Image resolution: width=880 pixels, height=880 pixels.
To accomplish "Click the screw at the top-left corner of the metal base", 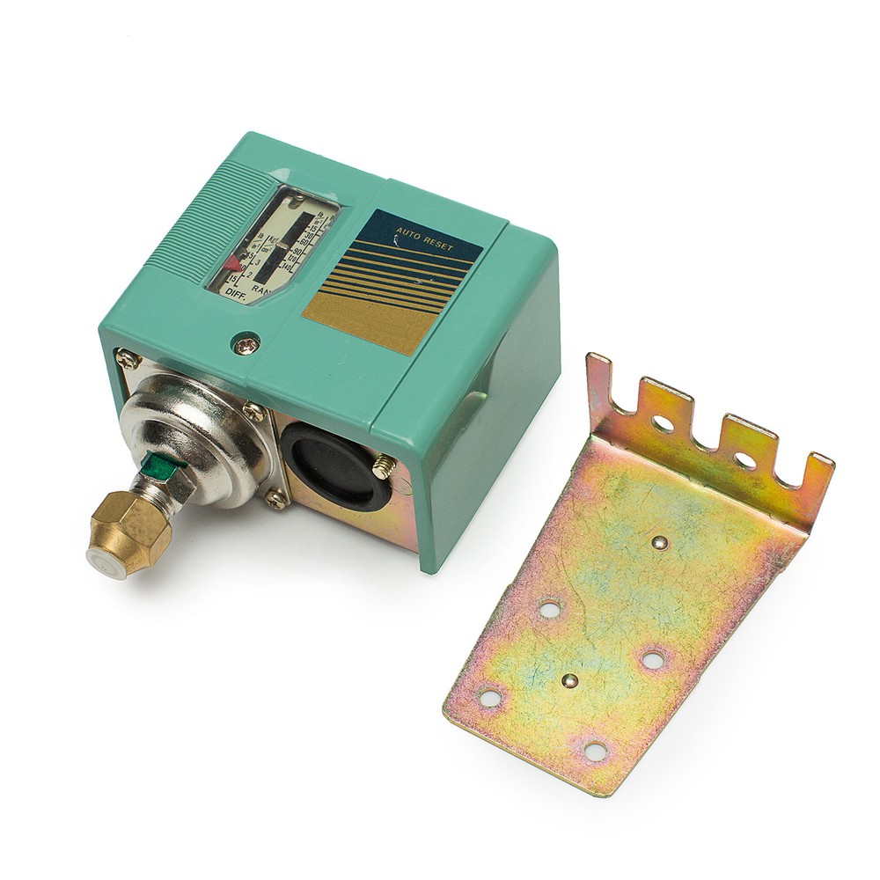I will (x=128, y=358).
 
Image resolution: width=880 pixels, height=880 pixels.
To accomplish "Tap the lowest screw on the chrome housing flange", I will (x=275, y=499).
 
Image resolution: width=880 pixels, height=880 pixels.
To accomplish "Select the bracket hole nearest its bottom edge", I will (x=595, y=750).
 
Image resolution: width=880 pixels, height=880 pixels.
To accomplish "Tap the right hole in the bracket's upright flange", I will (x=745, y=458).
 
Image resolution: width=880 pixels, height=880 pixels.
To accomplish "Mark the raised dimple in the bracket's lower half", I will (x=571, y=679).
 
